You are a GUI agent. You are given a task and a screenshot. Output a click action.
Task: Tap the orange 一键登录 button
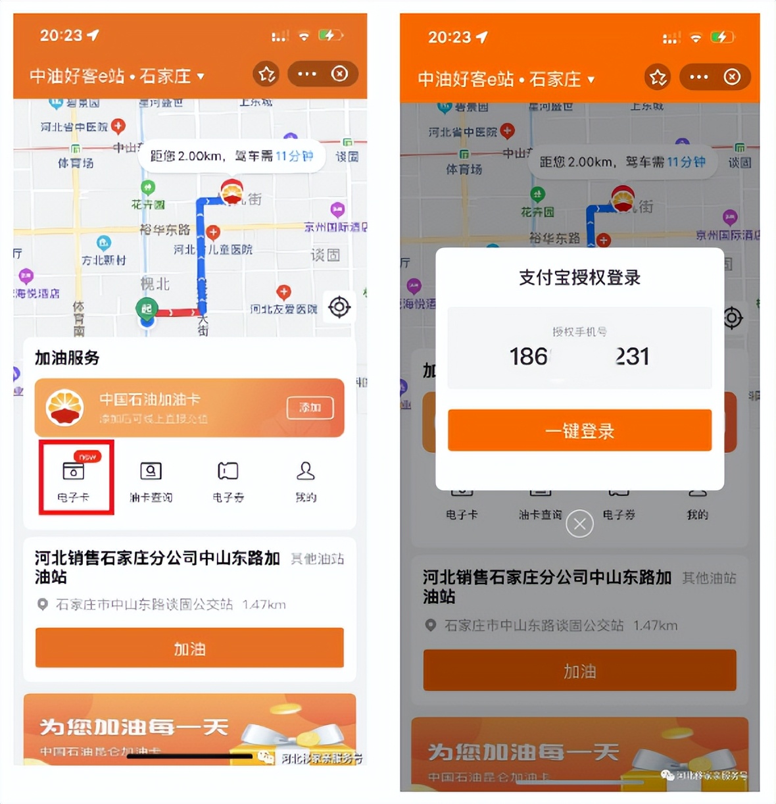579,430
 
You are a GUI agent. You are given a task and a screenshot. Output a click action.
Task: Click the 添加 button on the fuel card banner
310,408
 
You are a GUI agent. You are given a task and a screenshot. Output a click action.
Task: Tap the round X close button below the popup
579,524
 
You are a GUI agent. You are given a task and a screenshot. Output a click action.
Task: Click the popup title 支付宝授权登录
579,278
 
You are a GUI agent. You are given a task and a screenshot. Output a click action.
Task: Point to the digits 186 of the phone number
529,357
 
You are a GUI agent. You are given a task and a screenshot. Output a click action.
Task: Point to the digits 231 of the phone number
632,357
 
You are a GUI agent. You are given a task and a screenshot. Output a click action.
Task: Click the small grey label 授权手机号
579,332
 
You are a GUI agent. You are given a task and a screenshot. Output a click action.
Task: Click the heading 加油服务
67,358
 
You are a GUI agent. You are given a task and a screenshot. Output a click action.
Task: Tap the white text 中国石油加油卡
150,399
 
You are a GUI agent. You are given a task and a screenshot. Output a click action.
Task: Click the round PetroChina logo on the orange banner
64,408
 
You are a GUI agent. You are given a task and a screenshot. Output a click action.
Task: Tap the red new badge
87,457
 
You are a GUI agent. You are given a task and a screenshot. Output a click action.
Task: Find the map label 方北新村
103,261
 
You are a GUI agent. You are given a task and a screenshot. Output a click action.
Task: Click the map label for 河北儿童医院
213,250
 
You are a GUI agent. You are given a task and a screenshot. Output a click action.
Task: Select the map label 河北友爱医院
283,309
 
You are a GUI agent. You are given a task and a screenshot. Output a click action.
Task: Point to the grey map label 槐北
155,284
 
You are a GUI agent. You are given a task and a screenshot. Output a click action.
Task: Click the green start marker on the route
146,309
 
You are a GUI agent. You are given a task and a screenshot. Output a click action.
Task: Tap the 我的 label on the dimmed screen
697,515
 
